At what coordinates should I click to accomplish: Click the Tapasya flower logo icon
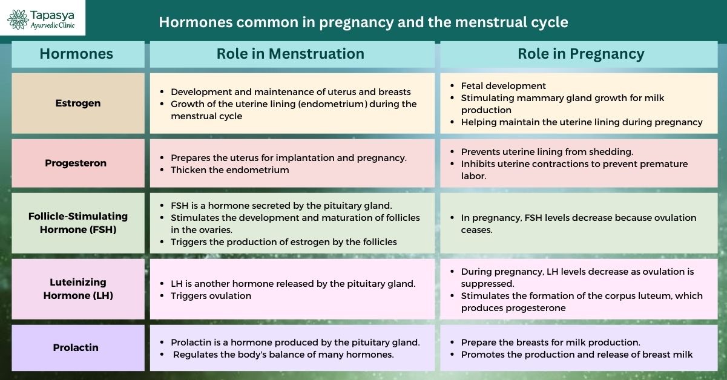click(18, 19)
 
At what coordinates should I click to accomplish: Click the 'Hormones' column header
click(76, 54)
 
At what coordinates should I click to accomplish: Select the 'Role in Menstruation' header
click(291, 54)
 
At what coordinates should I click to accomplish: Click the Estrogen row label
click(78, 103)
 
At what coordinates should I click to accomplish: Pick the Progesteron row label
click(76, 163)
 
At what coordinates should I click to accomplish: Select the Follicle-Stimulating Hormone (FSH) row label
click(78, 223)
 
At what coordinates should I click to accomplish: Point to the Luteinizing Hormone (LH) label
click(78, 289)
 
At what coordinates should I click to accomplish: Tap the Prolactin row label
click(76, 347)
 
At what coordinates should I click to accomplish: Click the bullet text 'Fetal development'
click(504, 86)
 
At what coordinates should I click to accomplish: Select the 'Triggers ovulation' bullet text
click(211, 296)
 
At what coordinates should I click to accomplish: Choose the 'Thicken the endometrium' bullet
click(230, 170)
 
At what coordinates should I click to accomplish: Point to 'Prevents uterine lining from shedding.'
click(547, 152)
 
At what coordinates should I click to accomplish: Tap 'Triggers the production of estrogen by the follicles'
click(284, 242)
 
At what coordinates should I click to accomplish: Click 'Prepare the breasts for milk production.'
click(551, 342)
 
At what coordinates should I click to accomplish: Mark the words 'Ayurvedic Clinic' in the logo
click(53, 25)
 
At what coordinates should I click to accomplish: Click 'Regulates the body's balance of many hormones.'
click(283, 355)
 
